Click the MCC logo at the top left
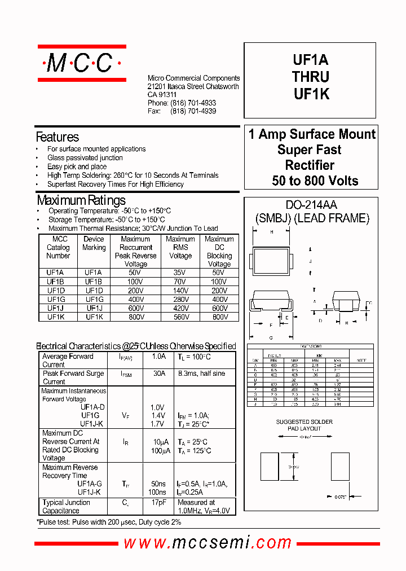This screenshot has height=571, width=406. click(x=82, y=63)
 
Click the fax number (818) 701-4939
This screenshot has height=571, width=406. click(x=193, y=112)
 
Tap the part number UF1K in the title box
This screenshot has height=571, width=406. click(x=311, y=95)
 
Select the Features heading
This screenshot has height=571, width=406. click(x=58, y=137)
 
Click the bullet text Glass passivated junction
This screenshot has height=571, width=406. click(x=85, y=158)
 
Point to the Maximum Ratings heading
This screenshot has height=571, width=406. click(x=81, y=200)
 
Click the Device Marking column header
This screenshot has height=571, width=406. click(x=94, y=243)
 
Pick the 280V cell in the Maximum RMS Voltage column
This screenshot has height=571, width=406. click(x=180, y=299)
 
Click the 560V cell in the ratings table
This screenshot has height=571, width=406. click(x=180, y=317)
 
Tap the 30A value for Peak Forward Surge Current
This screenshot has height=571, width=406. click(x=159, y=374)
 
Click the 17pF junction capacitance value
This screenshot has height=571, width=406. click(x=159, y=503)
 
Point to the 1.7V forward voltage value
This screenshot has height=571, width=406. click(x=157, y=424)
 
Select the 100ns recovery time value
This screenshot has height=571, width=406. click(x=158, y=492)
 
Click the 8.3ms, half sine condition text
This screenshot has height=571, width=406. click(x=201, y=374)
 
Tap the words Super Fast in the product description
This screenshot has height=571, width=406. click(x=310, y=150)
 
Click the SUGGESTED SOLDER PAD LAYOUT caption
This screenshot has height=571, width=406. click(x=304, y=425)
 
